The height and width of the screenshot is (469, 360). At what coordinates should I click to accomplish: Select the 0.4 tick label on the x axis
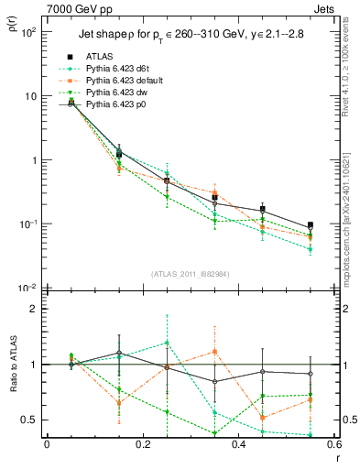238,445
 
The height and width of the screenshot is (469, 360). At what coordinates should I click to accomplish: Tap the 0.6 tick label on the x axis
333,445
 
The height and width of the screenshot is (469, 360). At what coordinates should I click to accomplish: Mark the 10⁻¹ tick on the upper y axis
28,224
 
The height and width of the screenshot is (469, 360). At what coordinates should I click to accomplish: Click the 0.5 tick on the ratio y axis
29,420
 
